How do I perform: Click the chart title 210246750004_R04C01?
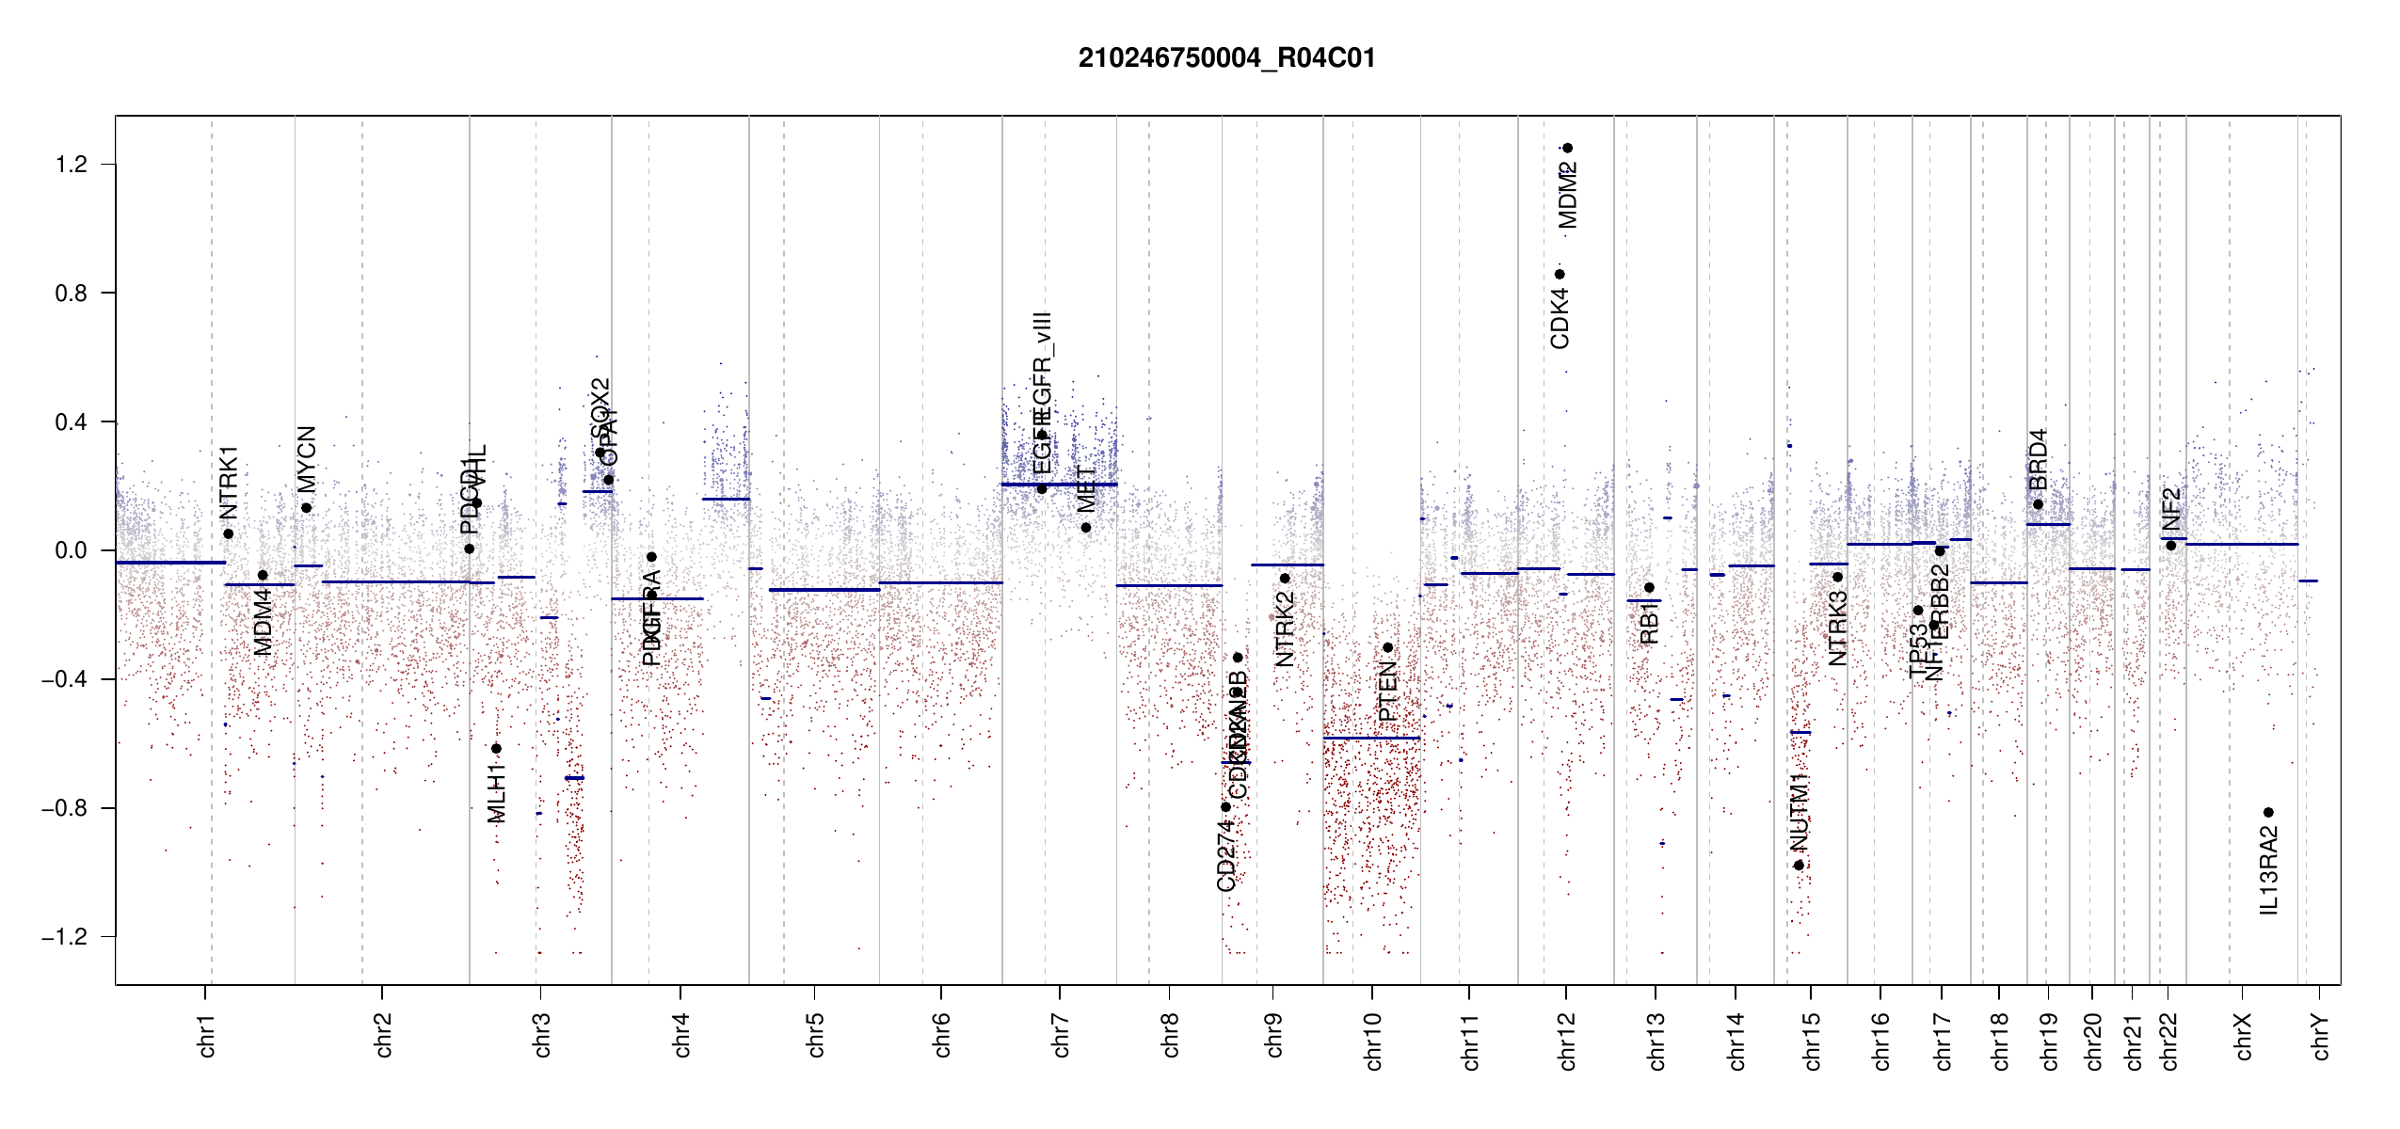point(1226,58)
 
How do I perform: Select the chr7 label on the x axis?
point(1061,1035)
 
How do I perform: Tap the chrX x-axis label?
point(2244,1036)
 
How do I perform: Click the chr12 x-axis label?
point(1567,1041)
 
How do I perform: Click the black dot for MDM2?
point(1567,148)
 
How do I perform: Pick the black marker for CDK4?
point(1560,275)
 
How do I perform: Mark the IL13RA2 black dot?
point(2268,812)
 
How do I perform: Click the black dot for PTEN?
point(1387,647)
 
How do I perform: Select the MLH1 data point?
point(496,749)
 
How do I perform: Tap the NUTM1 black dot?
point(1799,866)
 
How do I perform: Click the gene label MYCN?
point(307,459)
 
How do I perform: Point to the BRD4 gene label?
point(2038,460)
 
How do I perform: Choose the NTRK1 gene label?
point(229,483)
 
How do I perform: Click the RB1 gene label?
point(1649,624)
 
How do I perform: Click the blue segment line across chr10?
point(1371,739)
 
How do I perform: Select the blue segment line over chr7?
point(1059,485)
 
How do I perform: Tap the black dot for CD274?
point(1225,807)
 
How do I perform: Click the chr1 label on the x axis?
point(207,1035)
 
